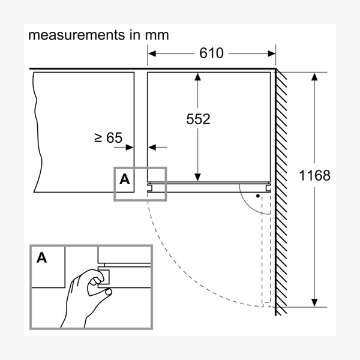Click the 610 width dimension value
pos(211,53)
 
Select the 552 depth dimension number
pos(198,119)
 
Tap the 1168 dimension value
pos(314,175)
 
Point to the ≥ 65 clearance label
pos(109,137)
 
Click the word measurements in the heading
pos(76,35)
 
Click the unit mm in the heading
pos(157,35)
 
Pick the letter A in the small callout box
pos(124,179)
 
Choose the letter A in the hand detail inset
pos(41,257)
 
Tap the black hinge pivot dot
pos(258,196)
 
